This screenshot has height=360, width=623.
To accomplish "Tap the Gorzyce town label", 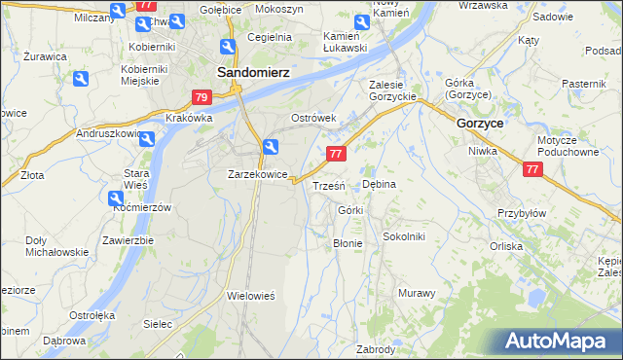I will [x=479, y=124].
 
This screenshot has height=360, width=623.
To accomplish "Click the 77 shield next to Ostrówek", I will [x=336, y=154].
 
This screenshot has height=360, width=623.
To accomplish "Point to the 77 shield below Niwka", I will [x=532, y=169].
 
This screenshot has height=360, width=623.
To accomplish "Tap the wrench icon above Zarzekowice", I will [x=272, y=148].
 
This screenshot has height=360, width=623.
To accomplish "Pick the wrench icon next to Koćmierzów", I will [x=116, y=198].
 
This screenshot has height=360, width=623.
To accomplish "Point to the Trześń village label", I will [x=328, y=186].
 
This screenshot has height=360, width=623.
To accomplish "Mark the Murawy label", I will [x=417, y=292].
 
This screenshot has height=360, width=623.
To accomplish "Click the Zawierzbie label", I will [x=128, y=240].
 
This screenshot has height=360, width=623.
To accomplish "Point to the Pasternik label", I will [x=584, y=84].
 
